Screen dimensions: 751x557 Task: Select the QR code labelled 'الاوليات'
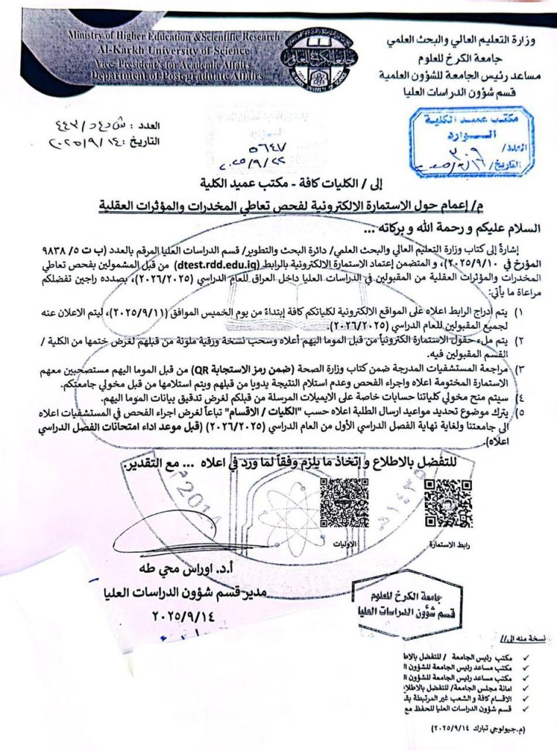pyautogui.click(x=344, y=504)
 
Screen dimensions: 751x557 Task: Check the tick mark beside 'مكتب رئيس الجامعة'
pyautogui.click(x=526, y=653)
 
